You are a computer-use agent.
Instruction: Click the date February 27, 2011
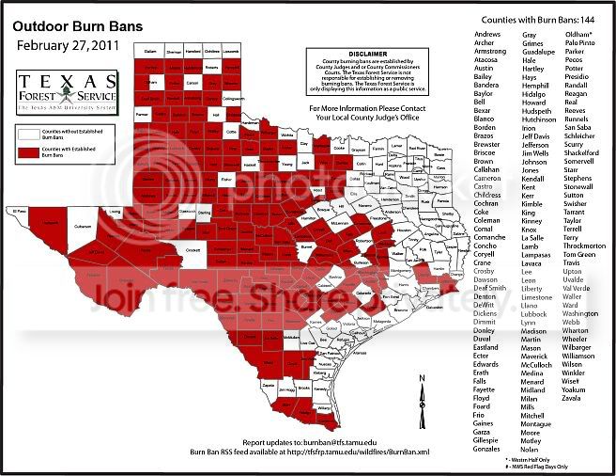[x=65, y=45]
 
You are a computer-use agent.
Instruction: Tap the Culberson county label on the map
[x=84, y=228]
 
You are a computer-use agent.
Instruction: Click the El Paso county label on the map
[x=21, y=211]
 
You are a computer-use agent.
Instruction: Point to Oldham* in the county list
[x=577, y=34]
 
